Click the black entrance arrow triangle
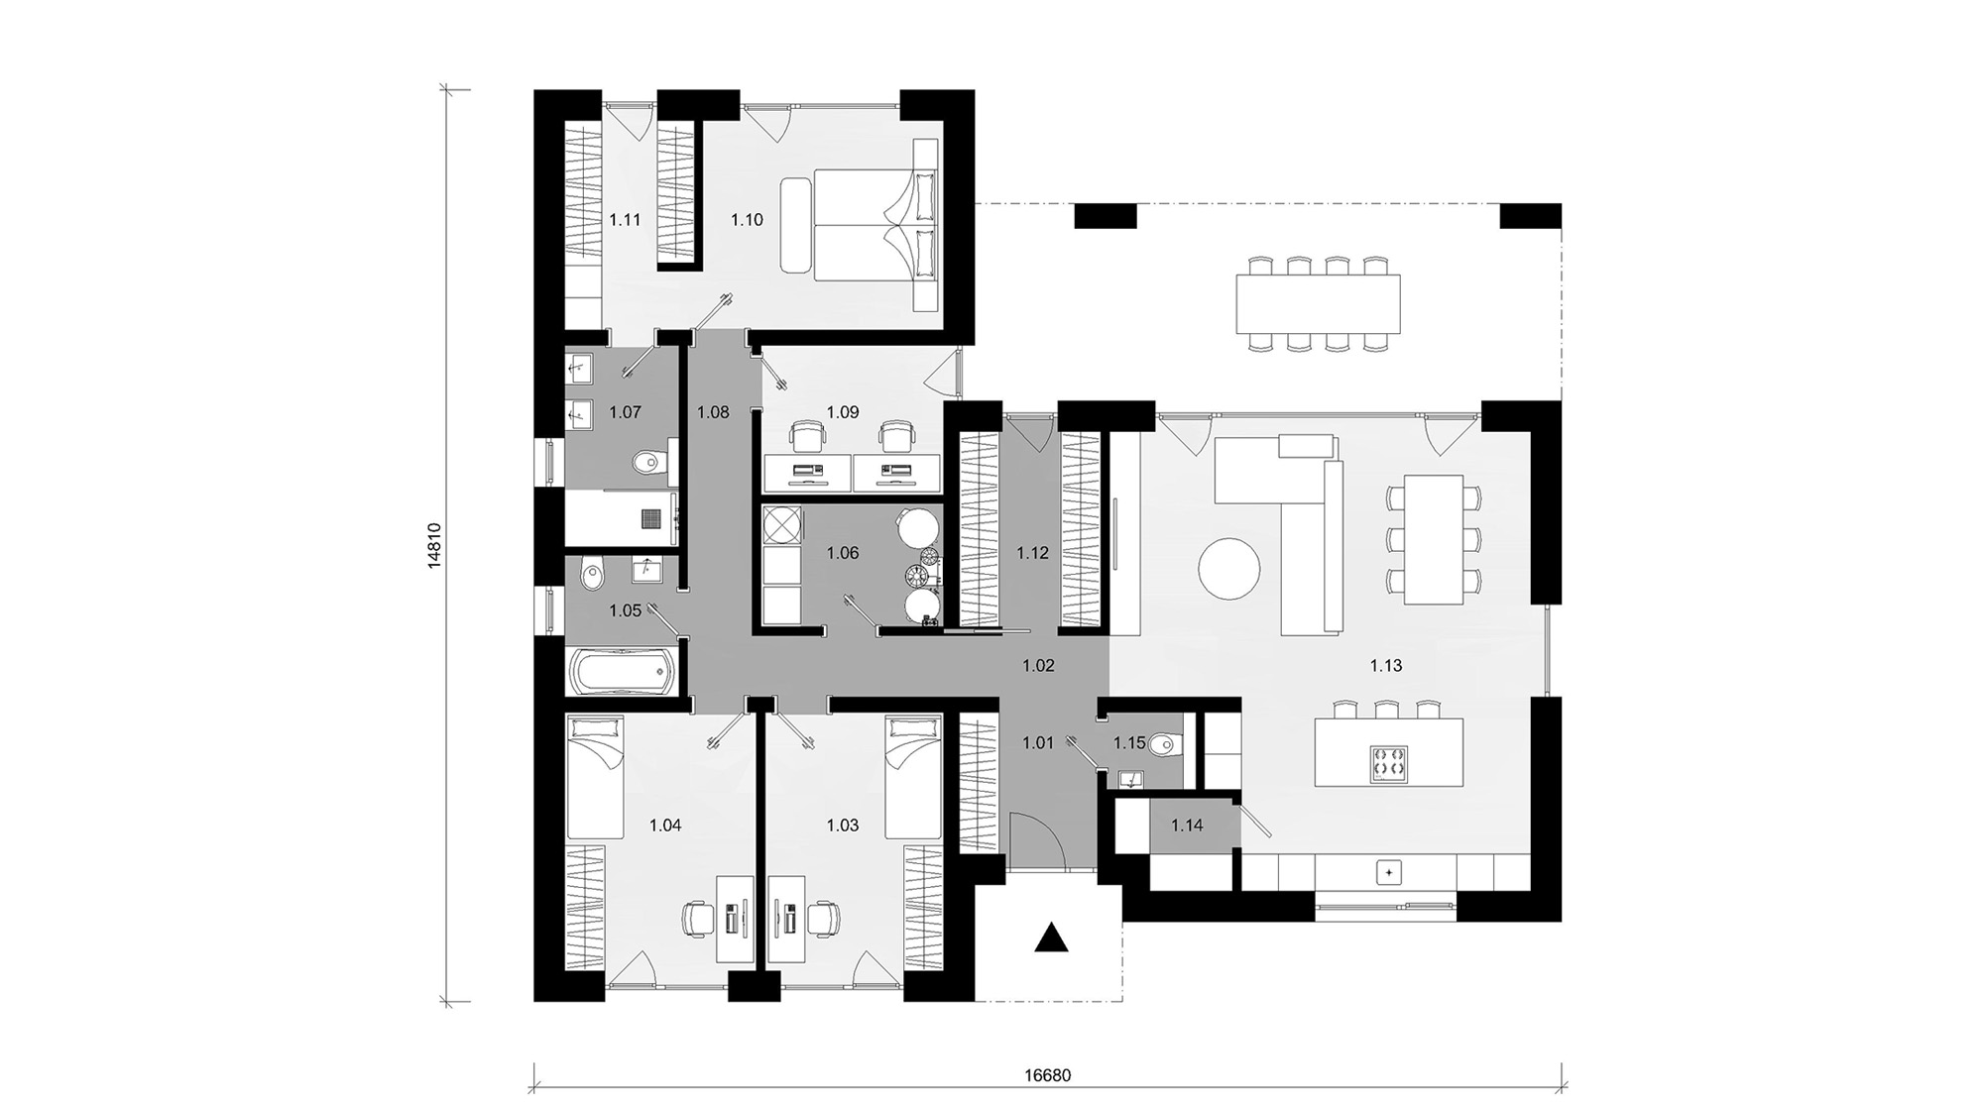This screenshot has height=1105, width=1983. [x=1052, y=937]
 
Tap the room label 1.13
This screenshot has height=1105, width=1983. [x=1385, y=666]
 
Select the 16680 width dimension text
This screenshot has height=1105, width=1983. [x=1048, y=1075]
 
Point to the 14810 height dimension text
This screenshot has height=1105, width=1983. [x=433, y=544]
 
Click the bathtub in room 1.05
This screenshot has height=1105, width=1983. [x=622, y=671]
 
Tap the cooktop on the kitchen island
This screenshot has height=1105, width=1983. [x=1388, y=764]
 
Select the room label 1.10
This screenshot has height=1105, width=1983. [x=747, y=220]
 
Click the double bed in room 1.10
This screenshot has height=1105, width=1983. [x=863, y=224]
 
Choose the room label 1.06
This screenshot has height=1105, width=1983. [x=843, y=553]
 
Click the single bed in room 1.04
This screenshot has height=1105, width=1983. [x=595, y=778]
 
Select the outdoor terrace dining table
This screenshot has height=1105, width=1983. [x=1318, y=304]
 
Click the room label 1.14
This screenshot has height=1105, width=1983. [x=1186, y=825]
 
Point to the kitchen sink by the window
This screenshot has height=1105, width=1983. [x=1388, y=873]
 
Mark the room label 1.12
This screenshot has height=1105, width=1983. [x=1032, y=553]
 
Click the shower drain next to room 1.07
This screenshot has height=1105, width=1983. [x=650, y=518]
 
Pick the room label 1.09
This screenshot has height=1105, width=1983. [x=843, y=412]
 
